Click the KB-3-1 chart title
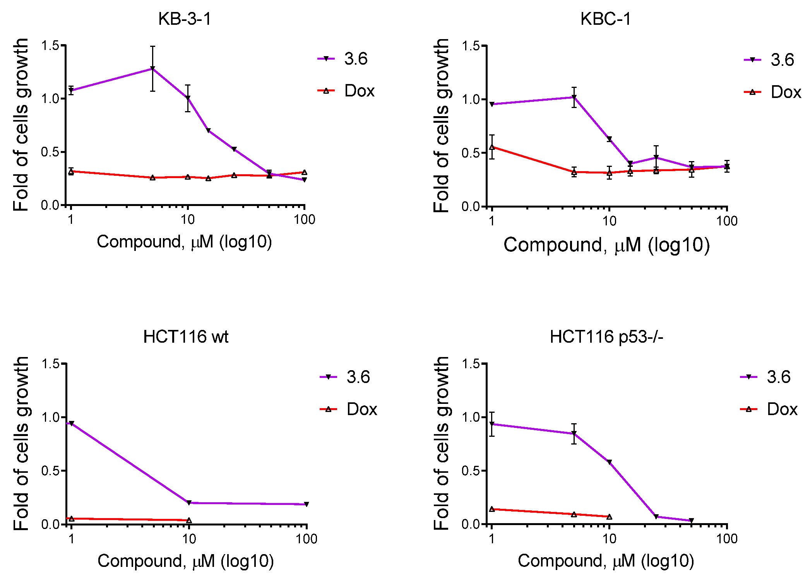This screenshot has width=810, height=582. pos(185,19)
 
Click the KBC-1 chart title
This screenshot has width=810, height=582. pos(605,19)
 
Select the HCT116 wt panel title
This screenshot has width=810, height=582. pos(186,336)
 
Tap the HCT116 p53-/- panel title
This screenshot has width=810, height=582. pos(606,336)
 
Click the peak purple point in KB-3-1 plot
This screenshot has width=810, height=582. pos(152,69)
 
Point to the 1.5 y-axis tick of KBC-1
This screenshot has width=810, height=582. pos(470,46)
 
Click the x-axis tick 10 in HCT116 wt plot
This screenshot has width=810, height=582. pos(189,539)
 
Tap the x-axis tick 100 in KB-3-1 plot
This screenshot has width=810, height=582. pos(304,220)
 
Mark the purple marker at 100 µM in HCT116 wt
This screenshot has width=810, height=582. pos(306,504)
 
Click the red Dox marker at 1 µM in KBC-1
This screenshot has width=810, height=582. pos(492,147)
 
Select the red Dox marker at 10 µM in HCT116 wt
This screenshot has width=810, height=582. pos(189,520)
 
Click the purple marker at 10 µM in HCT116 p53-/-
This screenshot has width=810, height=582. pos(610,462)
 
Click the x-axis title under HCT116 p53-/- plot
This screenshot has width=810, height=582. pos(606,561)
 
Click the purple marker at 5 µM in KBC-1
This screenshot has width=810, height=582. pos(574,97)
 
